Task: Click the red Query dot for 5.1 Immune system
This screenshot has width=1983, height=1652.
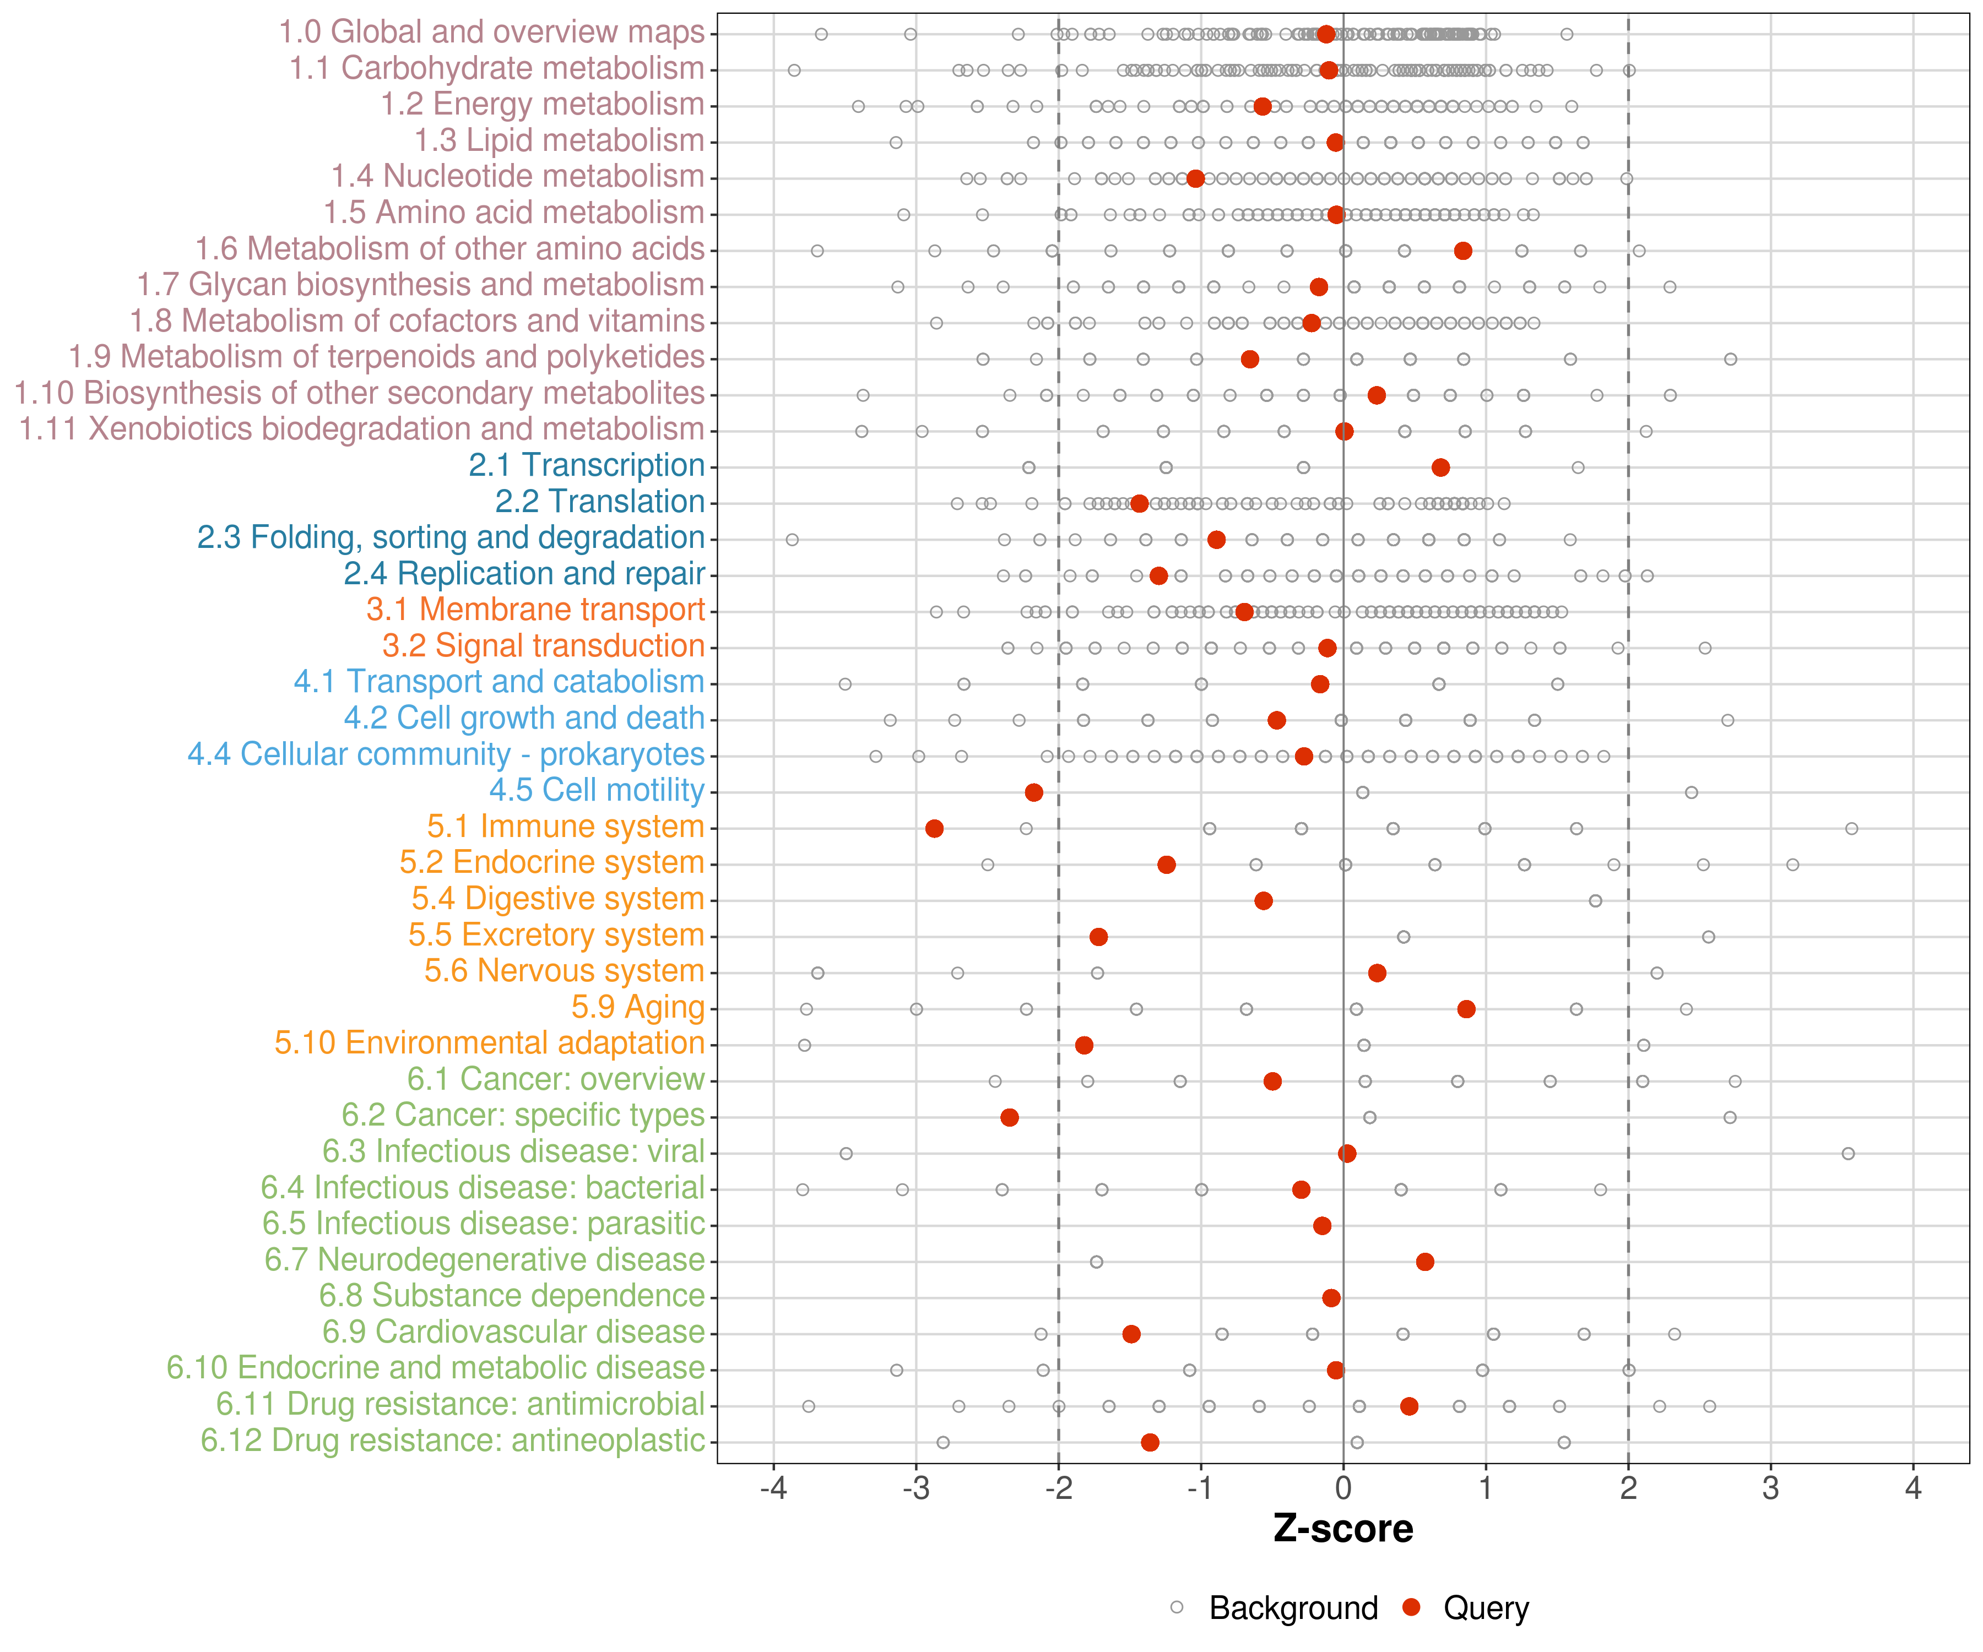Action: pyautogui.click(x=934, y=829)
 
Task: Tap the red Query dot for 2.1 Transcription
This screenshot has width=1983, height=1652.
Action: pyautogui.click(x=1440, y=468)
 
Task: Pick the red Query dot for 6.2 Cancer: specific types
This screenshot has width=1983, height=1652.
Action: pyautogui.click(x=1010, y=1118)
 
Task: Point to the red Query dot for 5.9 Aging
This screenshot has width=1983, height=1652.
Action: pyautogui.click(x=1466, y=1009)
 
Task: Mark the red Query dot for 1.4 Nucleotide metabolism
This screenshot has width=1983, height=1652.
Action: pyautogui.click(x=1195, y=178)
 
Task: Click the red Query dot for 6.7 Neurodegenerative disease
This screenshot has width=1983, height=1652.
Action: pyautogui.click(x=1425, y=1262)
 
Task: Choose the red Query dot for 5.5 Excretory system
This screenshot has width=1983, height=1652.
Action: pyautogui.click(x=1098, y=937)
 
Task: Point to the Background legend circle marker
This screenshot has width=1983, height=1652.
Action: pyautogui.click(x=1177, y=1607)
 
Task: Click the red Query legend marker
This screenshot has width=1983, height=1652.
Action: pyautogui.click(x=1412, y=1607)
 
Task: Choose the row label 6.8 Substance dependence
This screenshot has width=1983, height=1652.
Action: pyautogui.click(x=512, y=1296)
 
